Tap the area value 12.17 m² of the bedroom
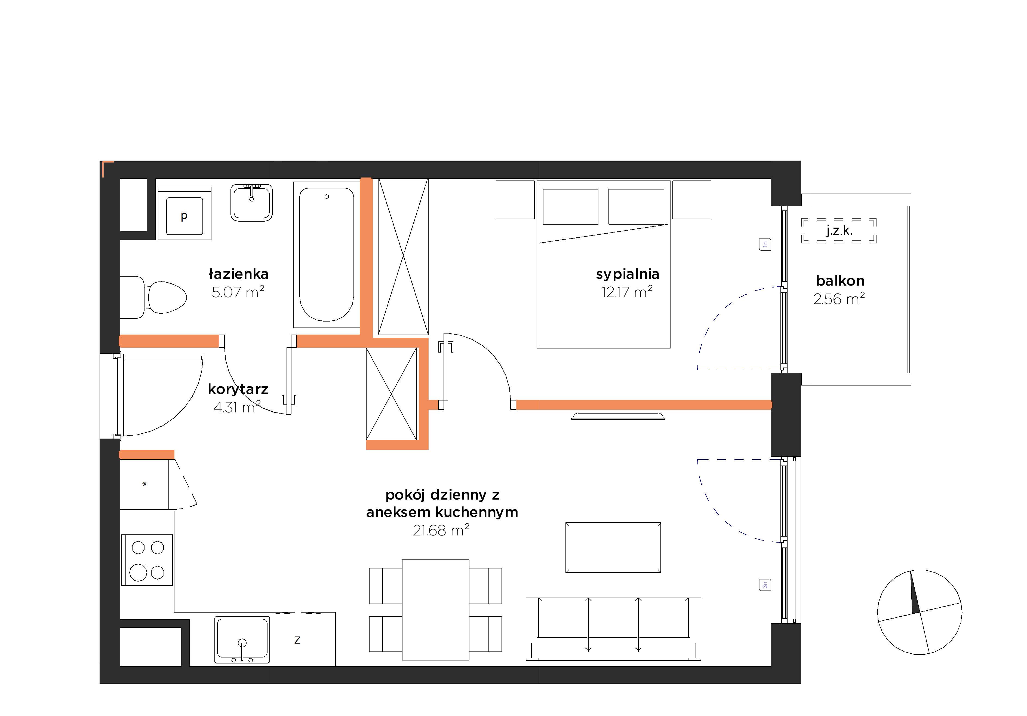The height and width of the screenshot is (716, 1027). point(627,292)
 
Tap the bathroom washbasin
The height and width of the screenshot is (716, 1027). point(251,203)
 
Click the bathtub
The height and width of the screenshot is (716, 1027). point(327,254)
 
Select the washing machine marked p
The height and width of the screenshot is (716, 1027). point(184,213)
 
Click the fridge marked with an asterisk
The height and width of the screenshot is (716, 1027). point(144,484)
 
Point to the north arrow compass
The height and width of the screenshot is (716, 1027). point(920,612)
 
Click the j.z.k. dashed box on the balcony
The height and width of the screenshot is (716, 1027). point(839,231)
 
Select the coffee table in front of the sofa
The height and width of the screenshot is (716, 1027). point(613,547)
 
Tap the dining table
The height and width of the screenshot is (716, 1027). point(436,610)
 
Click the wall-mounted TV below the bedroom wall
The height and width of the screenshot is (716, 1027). point(618,416)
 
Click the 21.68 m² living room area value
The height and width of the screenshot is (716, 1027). point(441,530)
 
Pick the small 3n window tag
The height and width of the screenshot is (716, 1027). point(765,585)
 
